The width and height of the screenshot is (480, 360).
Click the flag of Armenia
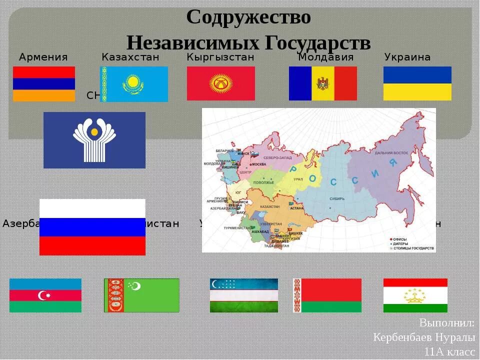pyautogui.click(x=44, y=84)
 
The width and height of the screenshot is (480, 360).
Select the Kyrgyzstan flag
pyautogui.click(x=220, y=83)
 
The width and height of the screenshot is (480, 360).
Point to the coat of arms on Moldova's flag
pyautogui.click(x=322, y=83)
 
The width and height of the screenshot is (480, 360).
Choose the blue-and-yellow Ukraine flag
pyautogui.click(x=417, y=83)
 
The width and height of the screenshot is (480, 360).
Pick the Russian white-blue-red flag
pyautogui.click(x=92, y=227)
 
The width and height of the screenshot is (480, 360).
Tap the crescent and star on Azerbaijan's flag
pyautogui.click(x=45, y=295)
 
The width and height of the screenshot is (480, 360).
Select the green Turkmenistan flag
pyautogui.click(x=141, y=295)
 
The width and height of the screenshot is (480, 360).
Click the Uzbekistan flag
pyautogui.click(x=244, y=295)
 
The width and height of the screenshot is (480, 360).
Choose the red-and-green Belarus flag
pyautogui.click(x=327, y=295)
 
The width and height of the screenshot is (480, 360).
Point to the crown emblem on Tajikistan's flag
pyautogui.click(x=415, y=295)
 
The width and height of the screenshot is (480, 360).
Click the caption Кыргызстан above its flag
pyautogui.click(x=220, y=57)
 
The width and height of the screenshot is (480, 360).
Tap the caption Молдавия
pyautogui.click(x=326, y=57)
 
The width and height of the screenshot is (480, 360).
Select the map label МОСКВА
pyautogui.click(x=259, y=164)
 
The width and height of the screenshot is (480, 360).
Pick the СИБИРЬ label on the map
pyautogui.click(x=337, y=198)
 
